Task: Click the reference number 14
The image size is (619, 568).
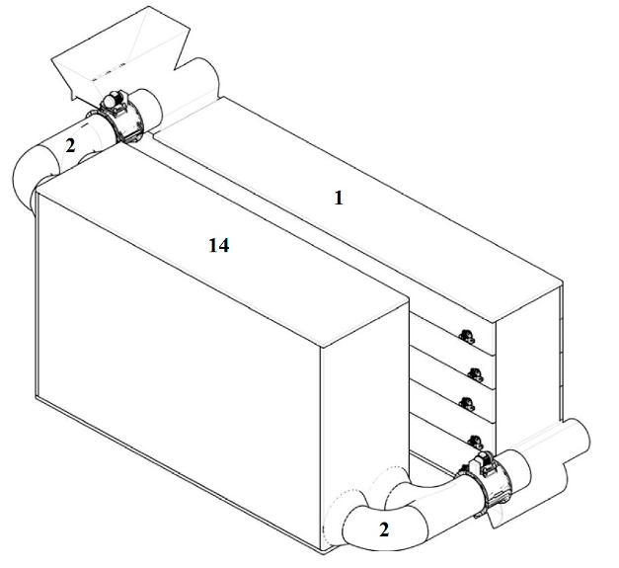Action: pos(219,246)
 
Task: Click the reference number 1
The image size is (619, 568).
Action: pos(339,198)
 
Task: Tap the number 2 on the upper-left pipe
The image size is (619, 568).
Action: pos(70,146)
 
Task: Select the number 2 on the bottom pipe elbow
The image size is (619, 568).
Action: pos(384,529)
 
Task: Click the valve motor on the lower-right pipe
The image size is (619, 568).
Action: pos(483,463)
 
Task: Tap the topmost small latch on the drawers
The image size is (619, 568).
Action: pos(467,336)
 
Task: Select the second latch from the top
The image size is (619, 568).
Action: pos(475,374)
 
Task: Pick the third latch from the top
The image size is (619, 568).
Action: pos(467,403)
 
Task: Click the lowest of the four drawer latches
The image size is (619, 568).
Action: pos(475,442)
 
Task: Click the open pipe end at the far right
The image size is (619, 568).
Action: pos(578,439)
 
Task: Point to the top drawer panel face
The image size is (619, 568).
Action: pos(452,332)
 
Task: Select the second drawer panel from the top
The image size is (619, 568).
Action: pos(452,366)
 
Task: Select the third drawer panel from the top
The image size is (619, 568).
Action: pos(452,401)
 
